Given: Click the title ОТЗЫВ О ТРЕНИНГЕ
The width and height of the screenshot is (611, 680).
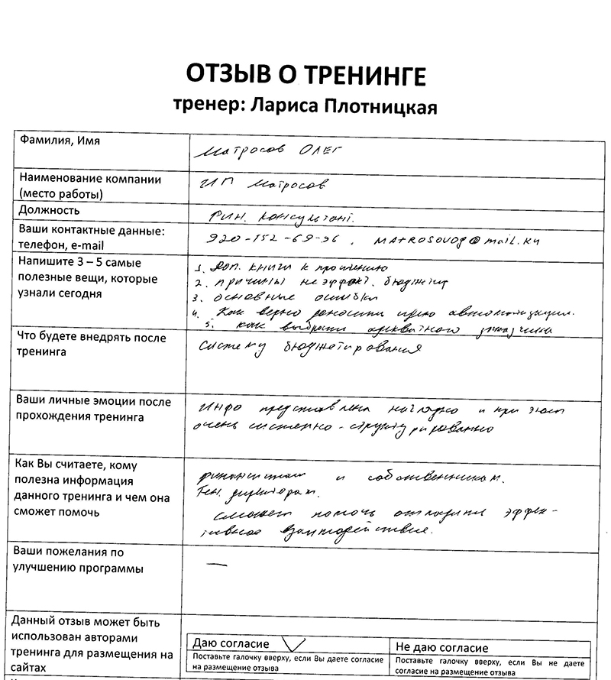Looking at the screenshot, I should coord(305,76).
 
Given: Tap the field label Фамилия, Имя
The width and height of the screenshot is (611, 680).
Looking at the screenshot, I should coord(60,141).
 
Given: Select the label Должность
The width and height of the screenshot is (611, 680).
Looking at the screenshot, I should coord(50,210).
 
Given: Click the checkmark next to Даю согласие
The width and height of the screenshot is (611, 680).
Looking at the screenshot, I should coord(293,643).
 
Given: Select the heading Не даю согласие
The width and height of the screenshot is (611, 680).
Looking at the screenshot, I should coord(442,648).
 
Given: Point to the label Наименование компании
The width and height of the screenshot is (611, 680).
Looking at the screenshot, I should coord(90,180).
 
